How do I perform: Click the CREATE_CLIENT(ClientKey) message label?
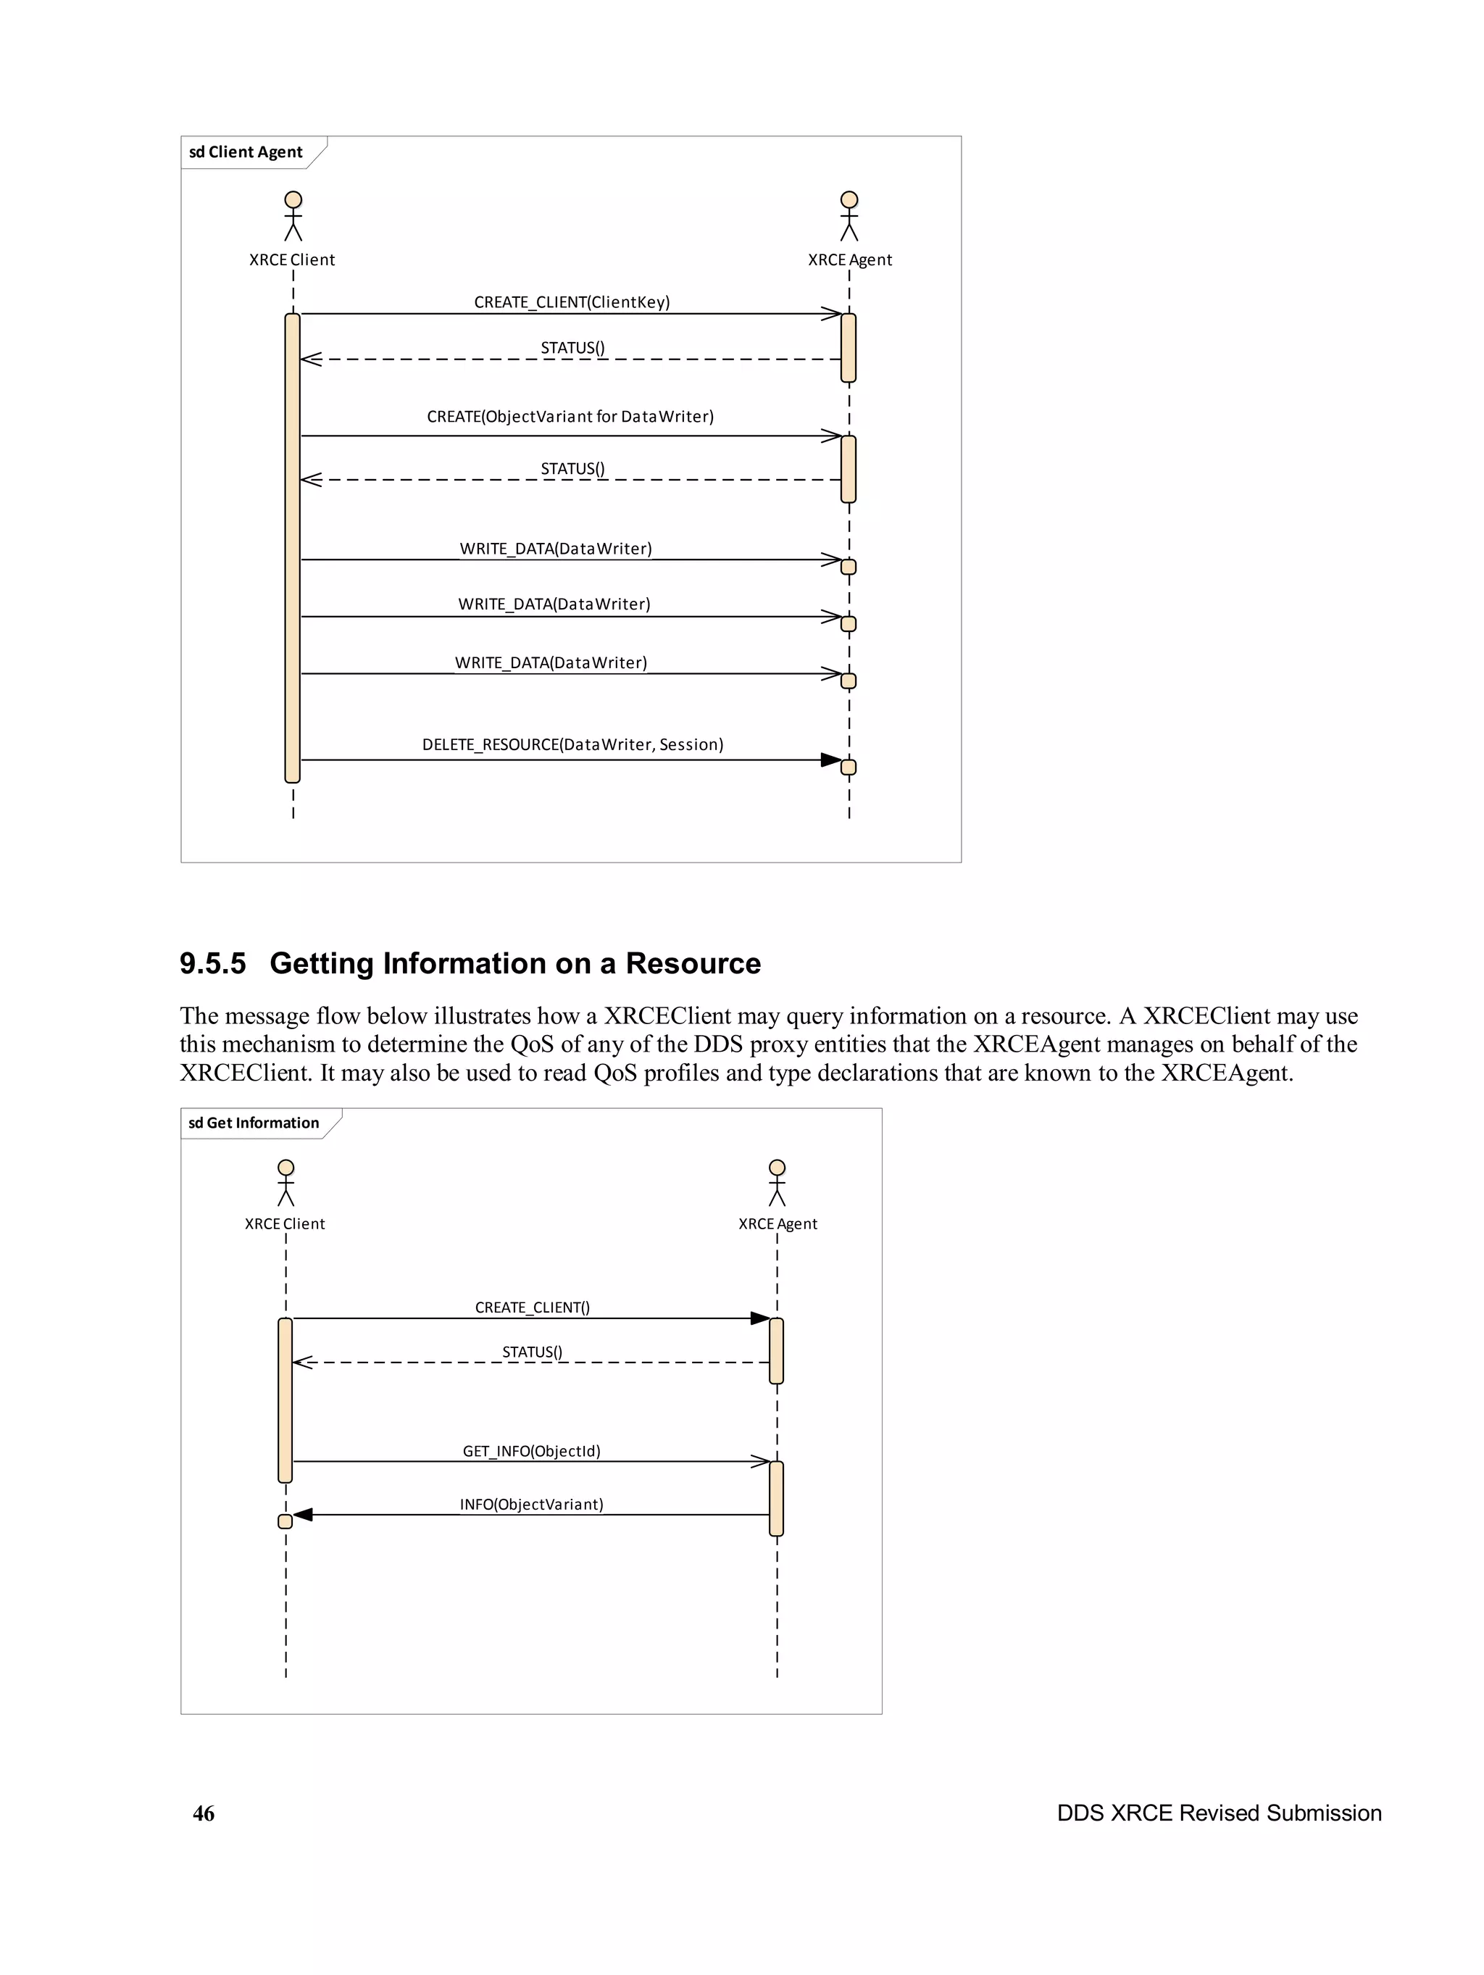(x=572, y=302)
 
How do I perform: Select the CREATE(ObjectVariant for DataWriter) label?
(x=570, y=416)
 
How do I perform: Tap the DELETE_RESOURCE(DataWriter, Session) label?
(x=572, y=744)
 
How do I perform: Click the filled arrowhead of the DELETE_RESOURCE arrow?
(x=830, y=760)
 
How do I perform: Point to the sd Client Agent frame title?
(x=246, y=151)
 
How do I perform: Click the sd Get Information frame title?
(x=254, y=1123)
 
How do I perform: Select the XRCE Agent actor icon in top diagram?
(x=849, y=216)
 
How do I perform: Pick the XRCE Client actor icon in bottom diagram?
(x=285, y=1182)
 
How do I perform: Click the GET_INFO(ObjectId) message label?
(x=531, y=1451)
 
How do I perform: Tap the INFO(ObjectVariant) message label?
(x=531, y=1505)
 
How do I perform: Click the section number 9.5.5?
(x=212, y=963)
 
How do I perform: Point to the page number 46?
(x=204, y=1813)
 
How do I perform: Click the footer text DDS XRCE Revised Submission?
(x=1219, y=1813)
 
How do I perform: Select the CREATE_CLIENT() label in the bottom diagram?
(x=532, y=1307)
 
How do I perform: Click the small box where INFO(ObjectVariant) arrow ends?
(x=285, y=1521)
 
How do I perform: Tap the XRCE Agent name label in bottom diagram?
(x=777, y=1224)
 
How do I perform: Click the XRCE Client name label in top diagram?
(x=292, y=259)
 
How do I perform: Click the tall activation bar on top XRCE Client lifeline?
(x=292, y=547)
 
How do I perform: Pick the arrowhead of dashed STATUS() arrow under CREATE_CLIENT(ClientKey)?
(x=310, y=359)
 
